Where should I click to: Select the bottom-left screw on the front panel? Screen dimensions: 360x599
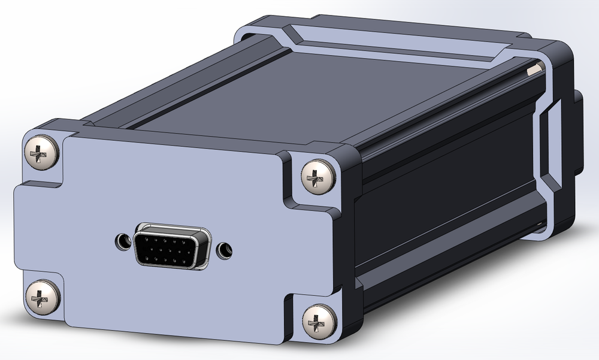42,297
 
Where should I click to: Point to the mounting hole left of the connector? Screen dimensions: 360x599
123,241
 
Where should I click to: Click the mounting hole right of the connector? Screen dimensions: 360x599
225,249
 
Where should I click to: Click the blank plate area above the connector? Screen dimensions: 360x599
174,180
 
